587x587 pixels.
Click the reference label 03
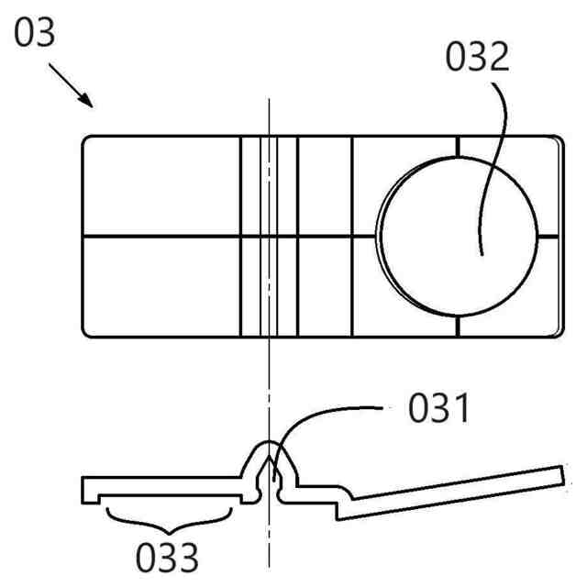pos(35,33)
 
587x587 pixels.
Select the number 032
pos(476,58)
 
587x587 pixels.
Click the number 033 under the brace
pos(168,556)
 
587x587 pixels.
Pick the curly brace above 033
pos(168,518)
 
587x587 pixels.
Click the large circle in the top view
pos(456,237)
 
